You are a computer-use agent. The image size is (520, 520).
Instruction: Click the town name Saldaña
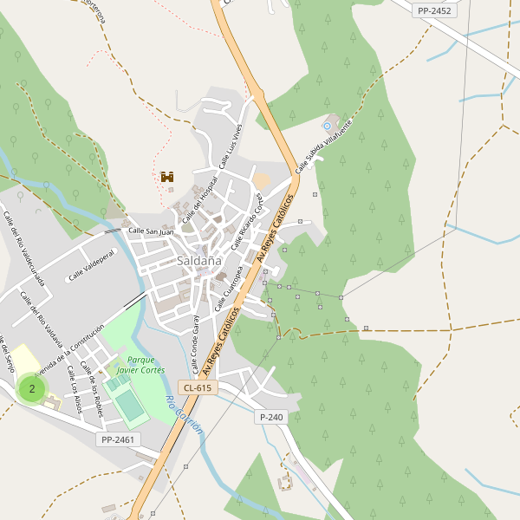tap(198, 260)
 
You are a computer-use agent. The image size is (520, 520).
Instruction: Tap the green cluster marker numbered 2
tap(32, 388)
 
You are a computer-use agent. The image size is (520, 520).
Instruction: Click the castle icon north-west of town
tap(167, 177)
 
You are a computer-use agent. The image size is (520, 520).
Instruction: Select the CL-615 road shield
tap(197, 387)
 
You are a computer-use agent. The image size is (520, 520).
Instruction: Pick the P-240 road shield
tap(270, 417)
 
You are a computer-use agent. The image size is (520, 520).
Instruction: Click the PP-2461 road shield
tap(118, 440)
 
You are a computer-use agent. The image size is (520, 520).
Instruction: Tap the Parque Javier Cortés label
tap(140, 364)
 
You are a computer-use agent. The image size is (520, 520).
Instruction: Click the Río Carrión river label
tap(185, 415)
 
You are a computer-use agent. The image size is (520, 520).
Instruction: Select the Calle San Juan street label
tap(151, 231)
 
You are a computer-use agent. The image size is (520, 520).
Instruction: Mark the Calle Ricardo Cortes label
tap(246, 215)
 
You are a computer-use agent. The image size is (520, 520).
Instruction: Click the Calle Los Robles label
tap(91, 390)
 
